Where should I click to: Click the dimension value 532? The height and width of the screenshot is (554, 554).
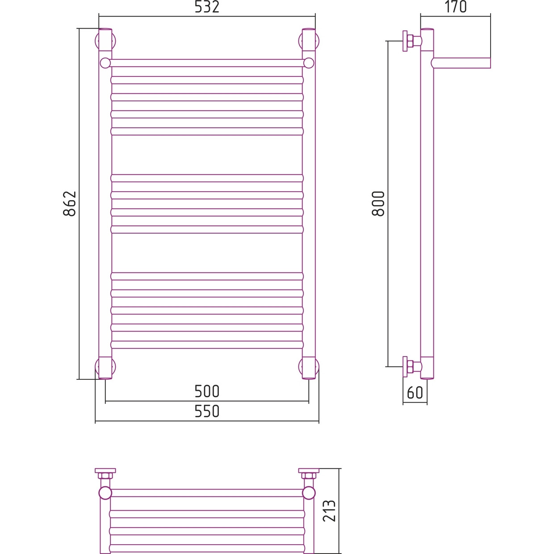click(207, 7)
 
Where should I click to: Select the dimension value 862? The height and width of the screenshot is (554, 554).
click(70, 204)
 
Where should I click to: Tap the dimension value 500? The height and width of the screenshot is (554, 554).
click(207, 391)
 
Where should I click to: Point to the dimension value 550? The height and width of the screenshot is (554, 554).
click(207, 411)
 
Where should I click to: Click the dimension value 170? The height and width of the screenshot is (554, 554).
click(456, 7)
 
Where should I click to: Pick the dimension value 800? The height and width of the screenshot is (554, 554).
click(378, 204)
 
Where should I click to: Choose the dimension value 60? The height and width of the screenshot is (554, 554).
click(415, 393)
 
